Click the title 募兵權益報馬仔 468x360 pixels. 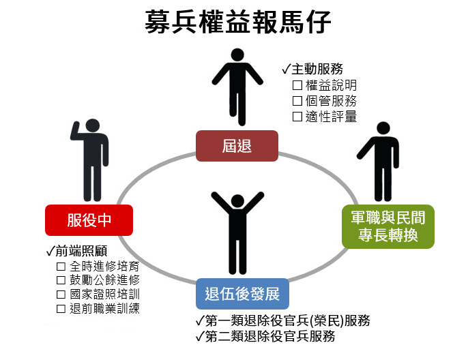pos(238,23)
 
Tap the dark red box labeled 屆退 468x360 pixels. pos(237,146)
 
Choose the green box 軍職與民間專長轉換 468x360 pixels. pos(387,227)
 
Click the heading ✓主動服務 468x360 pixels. pos(312,70)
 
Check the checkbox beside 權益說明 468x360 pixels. pos(297,86)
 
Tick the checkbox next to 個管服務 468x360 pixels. pos(297,101)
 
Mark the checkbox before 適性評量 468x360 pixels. pos(297,117)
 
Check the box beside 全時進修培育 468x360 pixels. pos(61,266)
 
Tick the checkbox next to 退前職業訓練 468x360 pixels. pos(61,309)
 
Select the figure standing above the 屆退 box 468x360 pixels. pos(237,85)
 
